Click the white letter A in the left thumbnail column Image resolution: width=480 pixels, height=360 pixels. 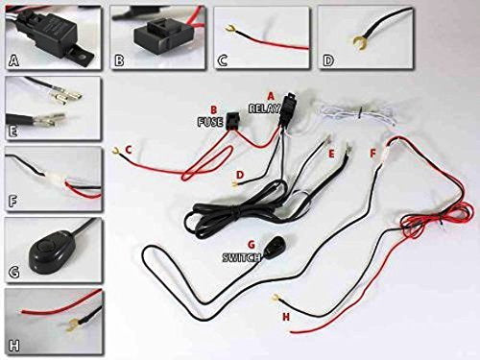[13, 59]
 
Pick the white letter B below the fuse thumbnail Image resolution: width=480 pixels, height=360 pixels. [120, 60]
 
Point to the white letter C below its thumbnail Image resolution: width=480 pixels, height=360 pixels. [223, 60]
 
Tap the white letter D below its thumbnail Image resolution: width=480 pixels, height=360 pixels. [327, 60]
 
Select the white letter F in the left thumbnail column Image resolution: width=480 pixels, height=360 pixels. [13, 203]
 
